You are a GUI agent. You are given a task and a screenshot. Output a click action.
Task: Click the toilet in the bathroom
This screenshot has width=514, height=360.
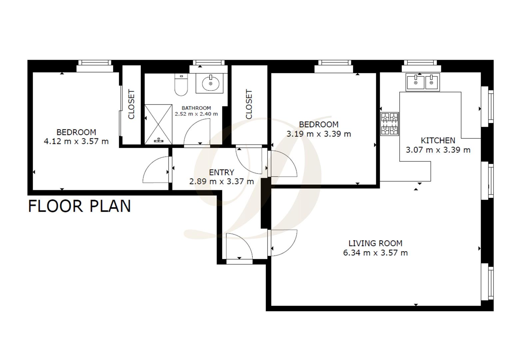click(181, 85)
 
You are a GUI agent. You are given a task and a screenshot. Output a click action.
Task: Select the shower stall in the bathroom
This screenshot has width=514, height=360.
click(158, 124)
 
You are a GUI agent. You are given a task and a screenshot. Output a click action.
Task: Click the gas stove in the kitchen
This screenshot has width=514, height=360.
click(389, 124)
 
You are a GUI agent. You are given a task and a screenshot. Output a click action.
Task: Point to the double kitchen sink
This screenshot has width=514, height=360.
click(423, 82)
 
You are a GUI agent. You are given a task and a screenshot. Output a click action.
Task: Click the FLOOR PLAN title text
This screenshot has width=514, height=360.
click(79, 206)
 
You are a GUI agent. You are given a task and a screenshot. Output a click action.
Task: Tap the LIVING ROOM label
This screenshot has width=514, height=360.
click(375, 243)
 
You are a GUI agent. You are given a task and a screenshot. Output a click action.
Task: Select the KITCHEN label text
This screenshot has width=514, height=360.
click(438, 140)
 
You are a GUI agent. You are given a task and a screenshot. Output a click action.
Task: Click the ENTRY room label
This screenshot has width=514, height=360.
click(221, 172)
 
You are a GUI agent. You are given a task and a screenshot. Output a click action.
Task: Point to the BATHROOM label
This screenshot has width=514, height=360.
click(196, 108)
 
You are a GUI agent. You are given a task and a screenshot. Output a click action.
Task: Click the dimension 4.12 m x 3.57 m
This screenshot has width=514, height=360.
click(76, 141)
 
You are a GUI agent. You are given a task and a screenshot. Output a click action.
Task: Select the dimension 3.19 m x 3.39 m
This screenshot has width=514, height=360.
click(318, 134)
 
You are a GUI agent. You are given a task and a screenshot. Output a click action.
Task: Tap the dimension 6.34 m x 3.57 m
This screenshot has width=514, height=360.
click(375, 253)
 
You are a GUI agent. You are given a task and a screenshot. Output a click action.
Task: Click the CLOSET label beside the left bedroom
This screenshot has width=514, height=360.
click(131, 104)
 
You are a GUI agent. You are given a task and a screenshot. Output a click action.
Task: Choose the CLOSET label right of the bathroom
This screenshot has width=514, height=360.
click(249, 104)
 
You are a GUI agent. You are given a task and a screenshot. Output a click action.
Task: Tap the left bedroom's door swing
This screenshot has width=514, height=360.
click(156, 171)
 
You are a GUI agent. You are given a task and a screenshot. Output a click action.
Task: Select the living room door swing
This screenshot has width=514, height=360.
click(283, 243)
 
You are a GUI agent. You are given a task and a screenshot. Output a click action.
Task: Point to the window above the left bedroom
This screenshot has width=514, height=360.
click(95, 63)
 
